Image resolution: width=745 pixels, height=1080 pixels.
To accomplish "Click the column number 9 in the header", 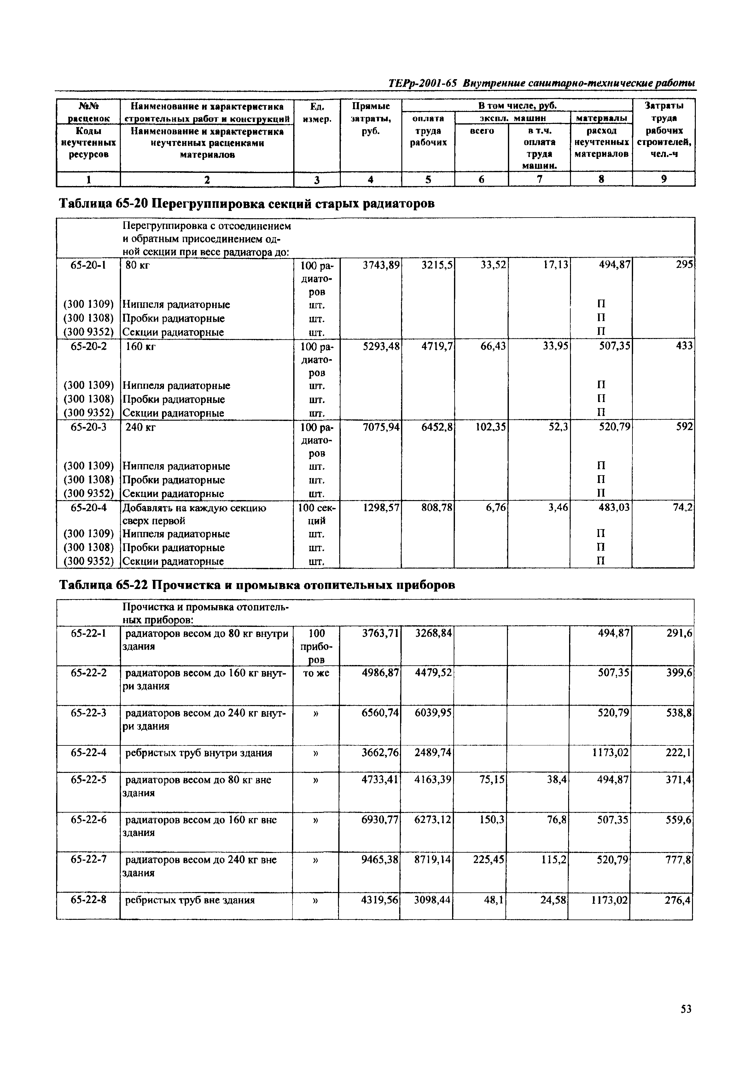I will [663, 179].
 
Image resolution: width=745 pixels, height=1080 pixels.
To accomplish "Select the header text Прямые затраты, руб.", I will [371, 119].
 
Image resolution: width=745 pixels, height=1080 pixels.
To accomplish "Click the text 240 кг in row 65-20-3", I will [141, 427].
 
